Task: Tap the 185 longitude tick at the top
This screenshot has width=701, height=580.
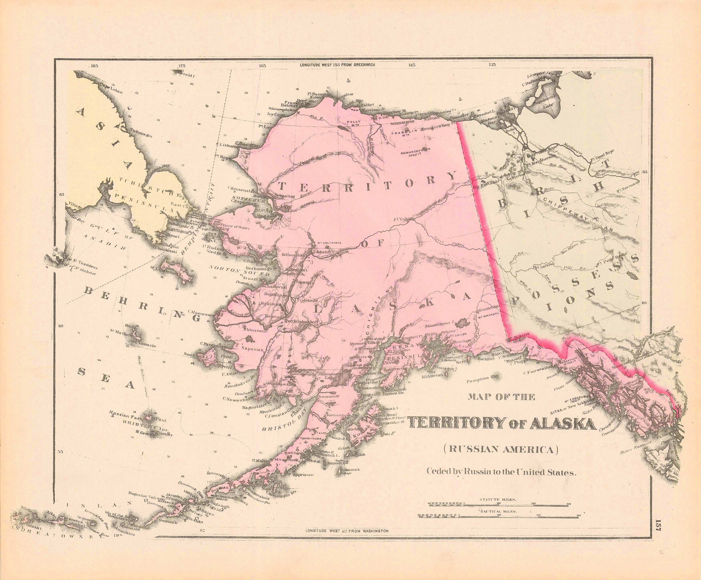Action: tap(94, 66)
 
